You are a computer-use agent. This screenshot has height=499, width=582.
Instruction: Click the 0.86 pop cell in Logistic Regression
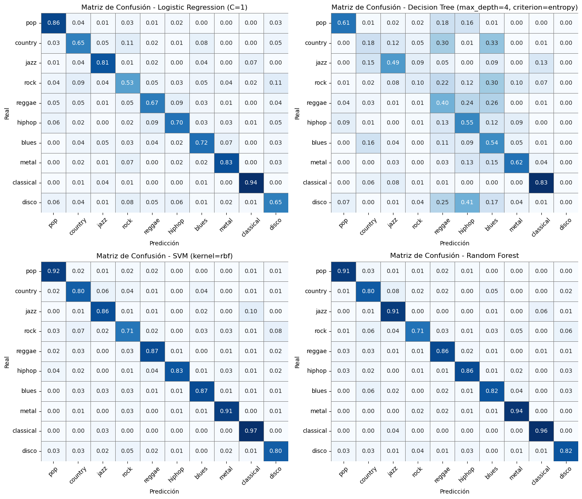[54, 23]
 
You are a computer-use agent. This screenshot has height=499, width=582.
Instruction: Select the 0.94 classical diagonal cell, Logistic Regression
[251, 182]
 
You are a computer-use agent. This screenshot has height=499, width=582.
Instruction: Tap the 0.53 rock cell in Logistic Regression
[127, 83]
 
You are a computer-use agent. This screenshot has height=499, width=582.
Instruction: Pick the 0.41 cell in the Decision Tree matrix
[467, 202]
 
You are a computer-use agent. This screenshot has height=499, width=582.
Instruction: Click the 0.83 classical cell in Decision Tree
[541, 182]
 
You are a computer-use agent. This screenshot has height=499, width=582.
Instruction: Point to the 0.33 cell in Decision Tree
[491, 43]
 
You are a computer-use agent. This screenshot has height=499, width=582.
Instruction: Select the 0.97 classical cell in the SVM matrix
[251, 431]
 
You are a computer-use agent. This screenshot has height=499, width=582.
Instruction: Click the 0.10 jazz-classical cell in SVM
[251, 311]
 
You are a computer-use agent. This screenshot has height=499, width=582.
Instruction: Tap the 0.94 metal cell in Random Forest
[516, 411]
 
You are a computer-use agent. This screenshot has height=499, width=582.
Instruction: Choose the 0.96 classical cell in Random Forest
[541, 431]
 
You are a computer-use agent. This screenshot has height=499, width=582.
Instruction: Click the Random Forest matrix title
[454, 256]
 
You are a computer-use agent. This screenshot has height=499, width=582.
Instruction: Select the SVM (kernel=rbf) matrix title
[164, 256]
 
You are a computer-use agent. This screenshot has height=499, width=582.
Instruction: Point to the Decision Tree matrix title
[454, 7]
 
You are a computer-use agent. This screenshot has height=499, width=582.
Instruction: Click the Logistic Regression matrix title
[164, 7]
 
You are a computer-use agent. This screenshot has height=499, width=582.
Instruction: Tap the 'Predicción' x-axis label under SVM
[164, 491]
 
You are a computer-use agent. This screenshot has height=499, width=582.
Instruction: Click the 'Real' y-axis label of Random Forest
[297, 362]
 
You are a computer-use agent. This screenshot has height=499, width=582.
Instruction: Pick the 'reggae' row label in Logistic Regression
[26, 103]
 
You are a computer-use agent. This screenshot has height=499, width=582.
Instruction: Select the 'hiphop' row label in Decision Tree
[317, 122]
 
